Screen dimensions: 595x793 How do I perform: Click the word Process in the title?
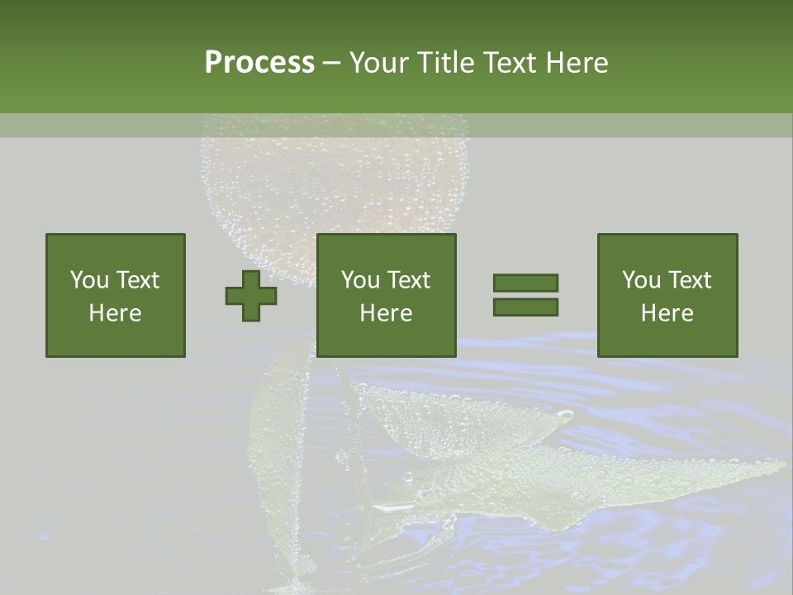click(x=259, y=63)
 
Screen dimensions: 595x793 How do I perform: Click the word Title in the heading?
click(x=447, y=63)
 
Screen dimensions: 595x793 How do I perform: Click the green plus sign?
click(x=251, y=296)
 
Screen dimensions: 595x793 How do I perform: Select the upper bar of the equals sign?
click(x=525, y=283)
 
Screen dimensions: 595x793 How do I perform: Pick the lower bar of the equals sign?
click(x=525, y=307)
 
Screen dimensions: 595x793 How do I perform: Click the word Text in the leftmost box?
click(x=138, y=280)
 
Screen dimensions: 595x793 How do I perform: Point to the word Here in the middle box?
click(x=386, y=313)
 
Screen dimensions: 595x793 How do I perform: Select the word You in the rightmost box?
click(x=641, y=280)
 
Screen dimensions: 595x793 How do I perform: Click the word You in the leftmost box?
click(x=89, y=280)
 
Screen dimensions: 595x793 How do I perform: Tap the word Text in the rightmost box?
click(x=690, y=280)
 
